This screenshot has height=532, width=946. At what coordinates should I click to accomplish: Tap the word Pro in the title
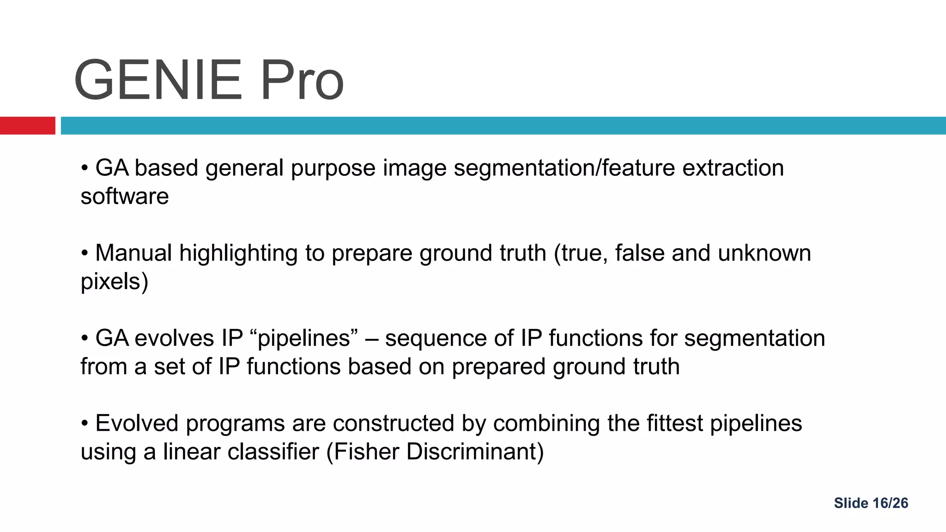[302, 80]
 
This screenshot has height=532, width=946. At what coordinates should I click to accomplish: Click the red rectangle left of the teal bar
[27, 126]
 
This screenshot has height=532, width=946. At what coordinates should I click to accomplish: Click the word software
[125, 196]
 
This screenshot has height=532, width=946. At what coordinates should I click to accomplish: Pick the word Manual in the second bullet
[133, 253]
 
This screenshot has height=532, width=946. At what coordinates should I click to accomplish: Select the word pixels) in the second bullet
[115, 281]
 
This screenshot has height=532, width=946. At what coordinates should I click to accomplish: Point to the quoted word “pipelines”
[306, 338]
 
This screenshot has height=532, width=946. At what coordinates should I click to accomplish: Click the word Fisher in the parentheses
[366, 452]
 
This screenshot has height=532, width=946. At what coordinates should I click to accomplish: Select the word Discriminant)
[476, 452]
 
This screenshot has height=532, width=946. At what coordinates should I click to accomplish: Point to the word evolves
[174, 338]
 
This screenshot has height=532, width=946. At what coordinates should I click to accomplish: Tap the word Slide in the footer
[851, 503]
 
